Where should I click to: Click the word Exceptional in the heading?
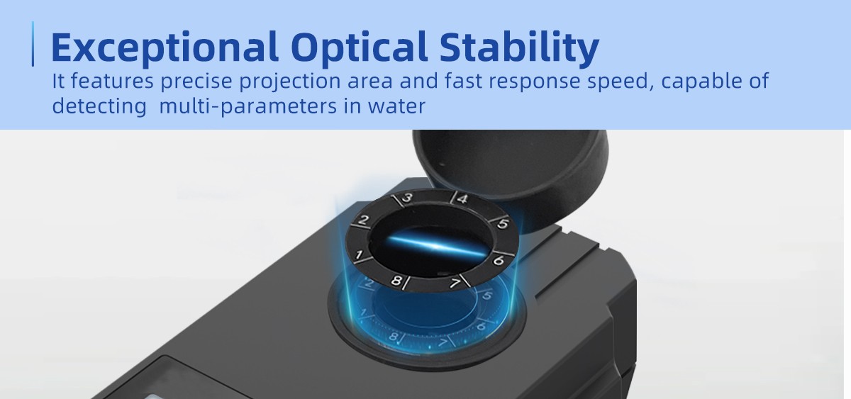[165, 47]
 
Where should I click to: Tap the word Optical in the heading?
[360, 47]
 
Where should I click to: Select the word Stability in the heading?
[519, 47]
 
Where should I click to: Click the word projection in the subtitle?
[290, 82]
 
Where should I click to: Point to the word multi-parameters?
[248, 107]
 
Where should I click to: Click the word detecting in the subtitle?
[99, 107]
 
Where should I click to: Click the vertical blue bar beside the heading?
[33, 44]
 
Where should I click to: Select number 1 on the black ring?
[358, 254]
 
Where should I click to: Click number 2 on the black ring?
[364, 220]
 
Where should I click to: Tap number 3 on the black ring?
[408, 198]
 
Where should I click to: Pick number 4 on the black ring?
[462, 198]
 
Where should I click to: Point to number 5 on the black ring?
[503, 224]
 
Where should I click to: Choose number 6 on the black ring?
[498, 260]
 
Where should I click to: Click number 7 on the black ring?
[455, 283]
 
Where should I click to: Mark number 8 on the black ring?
[396, 281]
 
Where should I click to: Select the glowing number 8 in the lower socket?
[394, 337]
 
